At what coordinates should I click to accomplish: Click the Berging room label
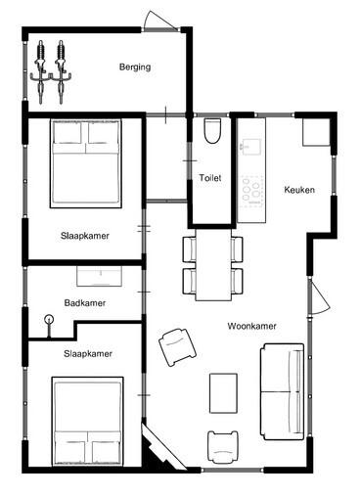pos(135,68)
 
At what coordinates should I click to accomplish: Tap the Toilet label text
pos(210,178)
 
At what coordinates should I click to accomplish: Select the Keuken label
pos(299,190)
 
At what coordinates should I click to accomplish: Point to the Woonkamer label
pos(252,326)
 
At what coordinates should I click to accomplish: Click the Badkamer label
pos(85,303)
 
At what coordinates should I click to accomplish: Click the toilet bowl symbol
pos(212,131)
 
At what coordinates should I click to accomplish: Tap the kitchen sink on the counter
pos(251,147)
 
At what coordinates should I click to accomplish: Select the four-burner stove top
pos(251,191)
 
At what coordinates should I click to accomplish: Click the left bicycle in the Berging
pos(41,72)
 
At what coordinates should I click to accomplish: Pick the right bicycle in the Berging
pos(62,72)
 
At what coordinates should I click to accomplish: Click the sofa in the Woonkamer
pos(283,391)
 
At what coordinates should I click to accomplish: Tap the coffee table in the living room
pos(223,393)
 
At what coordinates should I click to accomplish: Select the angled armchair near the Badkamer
pos(177,347)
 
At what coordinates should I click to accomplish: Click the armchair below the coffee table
pos(223,447)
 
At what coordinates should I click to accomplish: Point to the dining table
pos(213,265)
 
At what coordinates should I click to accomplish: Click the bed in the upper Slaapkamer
pos(86,163)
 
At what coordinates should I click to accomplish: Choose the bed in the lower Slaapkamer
pos(88,422)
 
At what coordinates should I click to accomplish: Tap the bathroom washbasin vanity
pos(99,276)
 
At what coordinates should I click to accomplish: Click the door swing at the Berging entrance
pos(160,21)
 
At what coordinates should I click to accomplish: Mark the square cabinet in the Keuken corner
pos(316,132)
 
